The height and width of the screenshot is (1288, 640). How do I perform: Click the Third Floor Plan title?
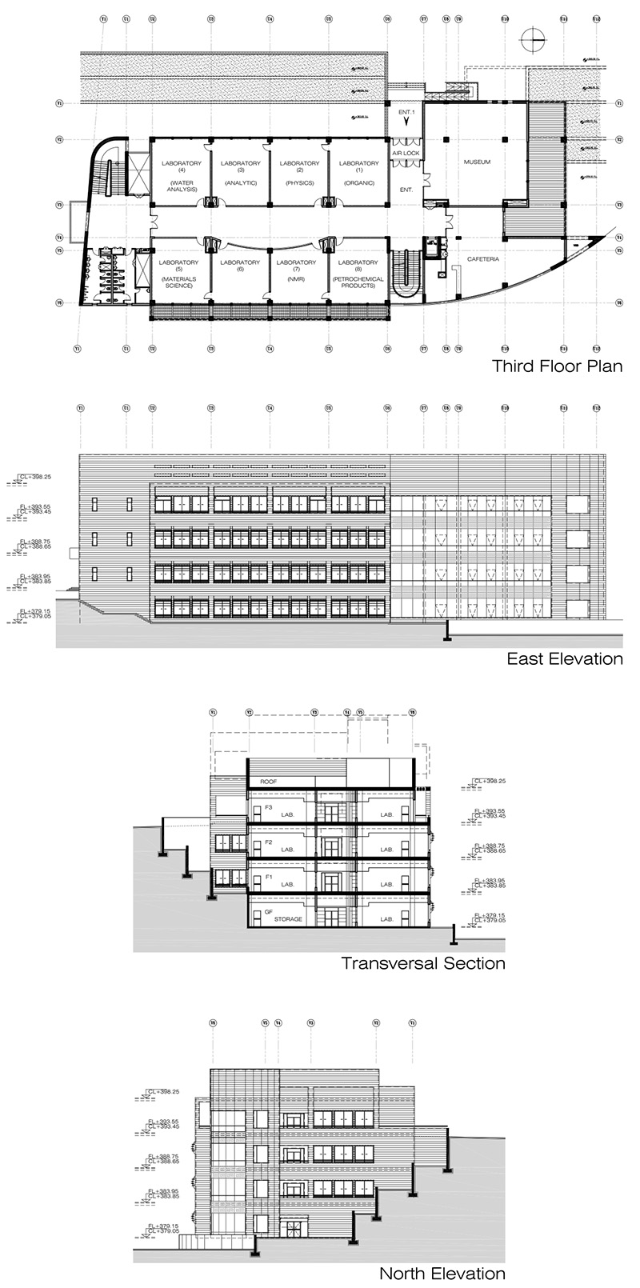pos(557,367)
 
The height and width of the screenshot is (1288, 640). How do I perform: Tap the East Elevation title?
pos(565,659)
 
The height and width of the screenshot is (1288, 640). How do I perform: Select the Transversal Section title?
pos(423,963)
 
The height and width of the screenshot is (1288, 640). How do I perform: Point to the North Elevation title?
pos(442,1274)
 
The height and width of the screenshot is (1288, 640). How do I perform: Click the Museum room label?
pos(477,162)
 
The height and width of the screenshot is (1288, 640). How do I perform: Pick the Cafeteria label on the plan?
pos(483,259)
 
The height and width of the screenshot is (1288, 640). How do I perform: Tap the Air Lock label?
pos(406,153)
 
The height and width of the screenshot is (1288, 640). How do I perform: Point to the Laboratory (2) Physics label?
pos(300,173)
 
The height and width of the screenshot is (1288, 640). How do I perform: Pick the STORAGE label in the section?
pos(289,919)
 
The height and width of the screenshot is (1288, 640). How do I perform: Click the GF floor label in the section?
pos(258,911)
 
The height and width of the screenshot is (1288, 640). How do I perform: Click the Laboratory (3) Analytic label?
pos(241,173)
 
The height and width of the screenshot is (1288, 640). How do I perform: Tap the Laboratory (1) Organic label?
pos(359,173)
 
